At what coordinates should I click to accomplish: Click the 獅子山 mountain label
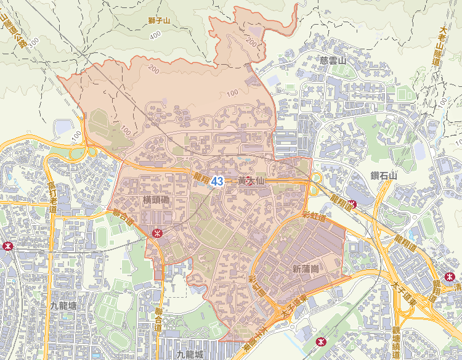coord(159,20)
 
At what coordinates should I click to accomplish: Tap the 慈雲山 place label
coord(333,60)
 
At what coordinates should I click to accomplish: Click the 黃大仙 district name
coord(246,182)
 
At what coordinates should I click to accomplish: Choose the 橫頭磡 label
coord(156,201)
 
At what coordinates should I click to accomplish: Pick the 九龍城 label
coord(189,354)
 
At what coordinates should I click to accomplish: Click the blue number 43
coord(217,181)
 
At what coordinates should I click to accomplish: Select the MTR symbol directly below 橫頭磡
coord(157,233)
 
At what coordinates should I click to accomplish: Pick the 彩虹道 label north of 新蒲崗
coord(314,215)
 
